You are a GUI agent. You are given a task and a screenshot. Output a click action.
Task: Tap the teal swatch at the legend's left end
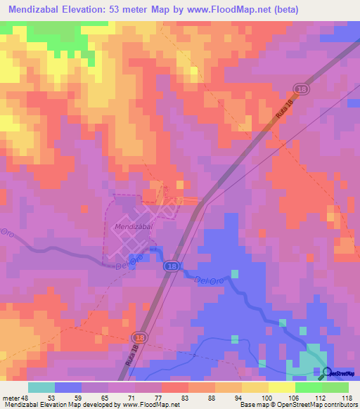click(41, 387)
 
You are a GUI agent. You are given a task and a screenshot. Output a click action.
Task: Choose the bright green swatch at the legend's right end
click(335, 387)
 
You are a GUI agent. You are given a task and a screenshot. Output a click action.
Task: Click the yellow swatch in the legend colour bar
click(255, 387)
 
